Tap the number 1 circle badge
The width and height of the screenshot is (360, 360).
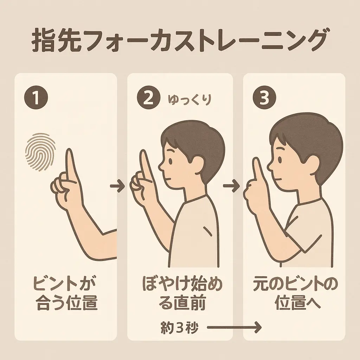pyautogui.click(x=36, y=98)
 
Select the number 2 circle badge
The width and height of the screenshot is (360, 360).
pyautogui.click(x=149, y=98)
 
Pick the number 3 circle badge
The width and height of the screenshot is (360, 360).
pyautogui.click(x=264, y=98)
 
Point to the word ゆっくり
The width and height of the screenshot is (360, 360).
pyautogui.click(x=189, y=100)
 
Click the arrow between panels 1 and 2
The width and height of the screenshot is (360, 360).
pyautogui.click(x=117, y=186)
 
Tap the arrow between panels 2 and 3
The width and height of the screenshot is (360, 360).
pyautogui.click(x=231, y=186)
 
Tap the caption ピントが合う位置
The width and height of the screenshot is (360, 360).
pyautogui.click(x=66, y=294)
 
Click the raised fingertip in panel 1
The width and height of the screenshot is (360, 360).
pyautogui.click(x=69, y=152)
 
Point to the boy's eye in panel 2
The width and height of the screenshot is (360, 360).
pyautogui.click(x=170, y=160)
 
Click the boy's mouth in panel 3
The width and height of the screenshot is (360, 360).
pyautogui.click(x=278, y=179)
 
